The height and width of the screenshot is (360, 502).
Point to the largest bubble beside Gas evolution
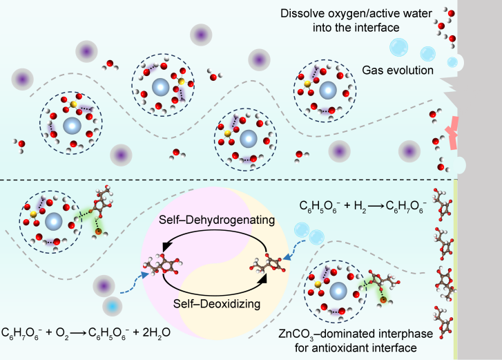click(398, 48)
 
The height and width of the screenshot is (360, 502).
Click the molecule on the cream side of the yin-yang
click(265, 262)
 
